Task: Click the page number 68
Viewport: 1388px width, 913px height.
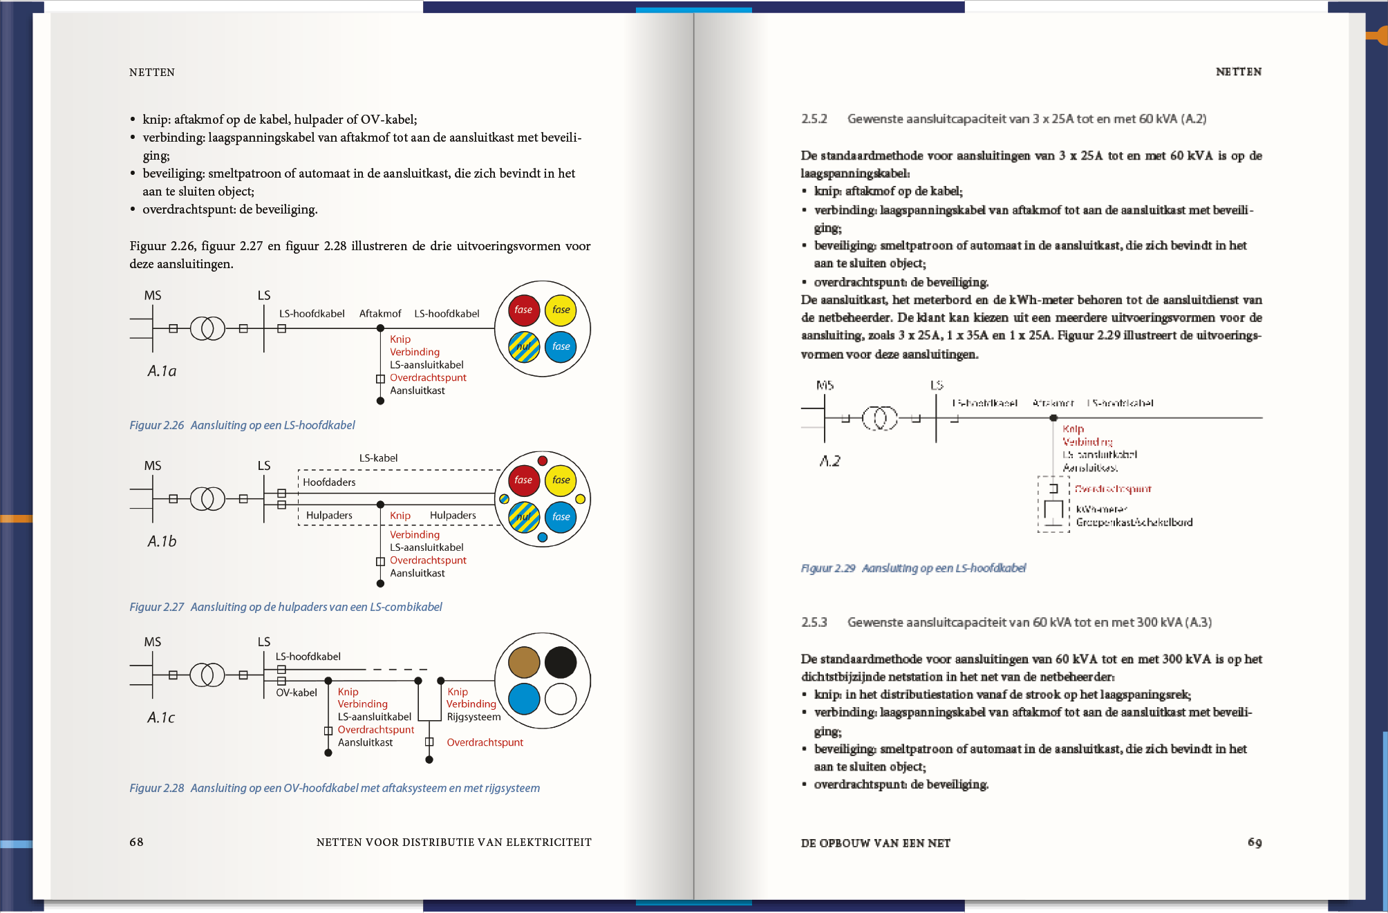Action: (x=136, y=842)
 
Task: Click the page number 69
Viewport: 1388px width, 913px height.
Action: (x=1255, y=843)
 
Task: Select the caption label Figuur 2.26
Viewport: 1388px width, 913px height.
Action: (x=157, y=425)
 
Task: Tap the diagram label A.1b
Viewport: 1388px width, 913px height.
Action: (x=162, y=541)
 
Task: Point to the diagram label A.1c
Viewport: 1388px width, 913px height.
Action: (x=161, y=717)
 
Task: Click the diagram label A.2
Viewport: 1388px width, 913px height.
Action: (x=829, y=461)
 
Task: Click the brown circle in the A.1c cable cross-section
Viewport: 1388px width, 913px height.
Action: (x=524, y=662)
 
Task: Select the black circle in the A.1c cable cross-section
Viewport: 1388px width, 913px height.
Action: (x=561, y=662)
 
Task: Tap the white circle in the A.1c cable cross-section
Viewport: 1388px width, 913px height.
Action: (x=561, y=699)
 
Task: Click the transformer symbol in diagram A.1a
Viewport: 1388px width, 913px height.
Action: (x=207, y=328)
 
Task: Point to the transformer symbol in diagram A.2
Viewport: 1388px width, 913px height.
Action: (x=879, y=418)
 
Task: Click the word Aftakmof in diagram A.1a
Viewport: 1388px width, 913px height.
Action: (x=380, y=314)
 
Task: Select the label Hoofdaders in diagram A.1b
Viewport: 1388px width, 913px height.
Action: (x=329, y=482)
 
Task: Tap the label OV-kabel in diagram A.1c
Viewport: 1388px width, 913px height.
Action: (x=297, y=693)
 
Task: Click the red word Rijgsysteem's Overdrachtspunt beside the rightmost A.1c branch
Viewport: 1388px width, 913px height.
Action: (x=485, y=742)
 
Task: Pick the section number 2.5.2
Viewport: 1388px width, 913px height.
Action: (x=814, y=119)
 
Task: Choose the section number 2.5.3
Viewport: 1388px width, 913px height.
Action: (x=814, y=622)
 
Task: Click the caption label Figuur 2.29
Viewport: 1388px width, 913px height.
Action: (x=828, y=568)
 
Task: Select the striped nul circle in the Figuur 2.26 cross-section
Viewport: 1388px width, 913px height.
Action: (x=524, y=346)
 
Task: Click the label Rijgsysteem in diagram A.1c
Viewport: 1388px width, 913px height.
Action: (x=473, y=717)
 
